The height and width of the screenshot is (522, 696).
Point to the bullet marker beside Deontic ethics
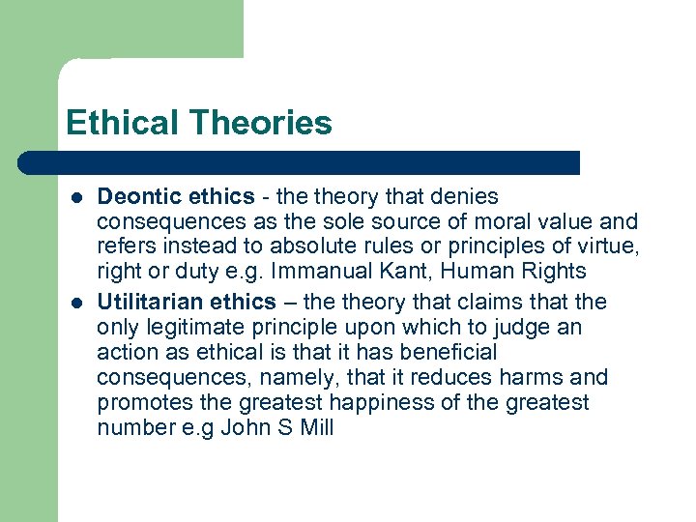tap(75, 198)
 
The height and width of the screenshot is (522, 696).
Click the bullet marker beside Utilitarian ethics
tap(75, 303)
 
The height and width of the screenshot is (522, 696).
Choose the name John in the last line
tap(246, 427)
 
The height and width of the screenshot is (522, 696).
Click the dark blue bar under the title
tap(319, 162)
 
